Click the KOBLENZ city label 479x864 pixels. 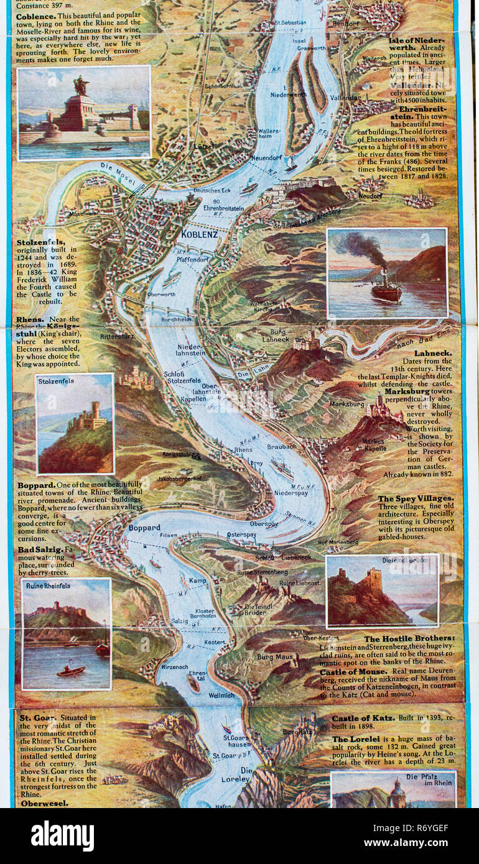click(199, 234)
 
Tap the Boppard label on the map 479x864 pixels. click(144, 528)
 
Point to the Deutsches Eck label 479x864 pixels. click(212, 190)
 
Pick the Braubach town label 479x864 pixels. click(281, 446)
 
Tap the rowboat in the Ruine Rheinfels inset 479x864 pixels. click(71, 671)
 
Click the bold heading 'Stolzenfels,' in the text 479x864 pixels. click(42, 242)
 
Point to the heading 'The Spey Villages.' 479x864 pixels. click(416, 499)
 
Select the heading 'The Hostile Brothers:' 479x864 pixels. click(409, 638)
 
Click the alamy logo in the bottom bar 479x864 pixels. click(62, 836)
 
